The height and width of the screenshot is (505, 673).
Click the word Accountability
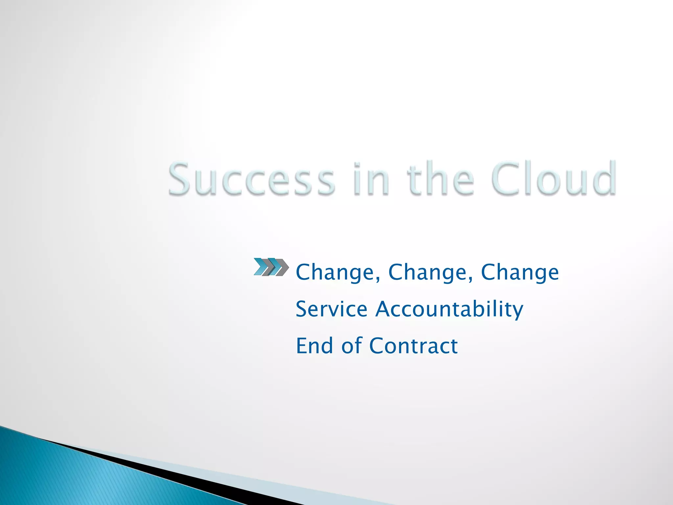pyautogui.click(x=449, y=310)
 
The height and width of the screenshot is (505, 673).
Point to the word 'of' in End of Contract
pyautogui.click(x=352, y=346)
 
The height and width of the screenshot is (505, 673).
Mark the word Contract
pyautogui.click(x=413, y=346)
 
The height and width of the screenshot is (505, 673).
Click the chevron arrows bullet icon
pyautogui.click(x=271, y=267)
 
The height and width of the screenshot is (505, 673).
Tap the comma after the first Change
pyautogui.click(x=378, y=279)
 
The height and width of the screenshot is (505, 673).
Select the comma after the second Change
pyautogui.click(x=471, y=279)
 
